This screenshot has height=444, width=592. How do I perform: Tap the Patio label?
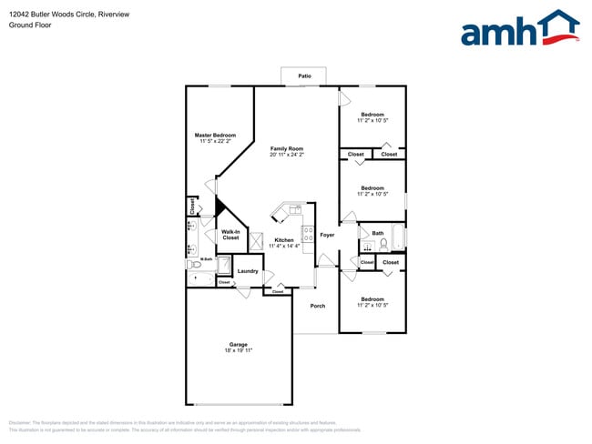[x=304, y=76]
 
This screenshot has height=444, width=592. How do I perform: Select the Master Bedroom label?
[x=215, y=135]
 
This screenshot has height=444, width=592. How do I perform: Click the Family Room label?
[x=287, y=148]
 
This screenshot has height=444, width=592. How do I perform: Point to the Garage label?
[x=239, y=344]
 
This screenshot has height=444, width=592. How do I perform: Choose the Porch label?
[x=317, y=306]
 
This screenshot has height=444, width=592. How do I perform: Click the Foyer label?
[x=327, y=235]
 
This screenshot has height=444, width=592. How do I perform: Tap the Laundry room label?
[x=248, y=271]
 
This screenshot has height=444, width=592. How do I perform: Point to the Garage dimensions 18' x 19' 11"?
[x=239, y=350]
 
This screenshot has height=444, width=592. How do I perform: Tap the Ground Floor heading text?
[x=30, y=25]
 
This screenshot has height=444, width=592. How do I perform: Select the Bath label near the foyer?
[x=377, y=233]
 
